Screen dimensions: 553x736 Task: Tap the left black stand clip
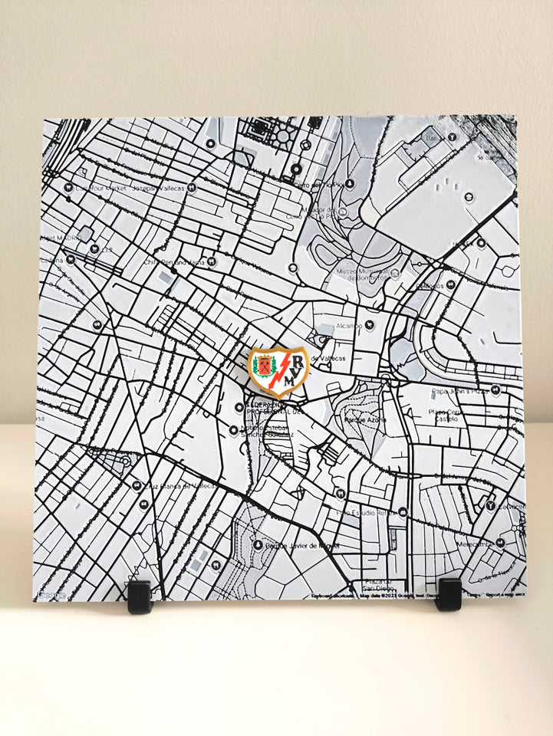tap(140, 596)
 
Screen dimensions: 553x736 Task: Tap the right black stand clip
tap(448, 594)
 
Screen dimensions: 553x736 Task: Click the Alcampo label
tap(348, 325)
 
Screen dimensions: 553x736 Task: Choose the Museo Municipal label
tap(364, 274)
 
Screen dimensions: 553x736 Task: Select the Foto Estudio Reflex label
tap(364, 512)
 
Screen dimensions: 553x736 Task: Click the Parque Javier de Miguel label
tap(301, 546)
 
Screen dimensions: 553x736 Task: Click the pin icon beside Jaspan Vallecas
tap(192, 187)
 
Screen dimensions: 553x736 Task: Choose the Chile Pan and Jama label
tap(174, 261)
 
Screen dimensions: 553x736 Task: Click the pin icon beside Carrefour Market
tap(69, 187)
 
